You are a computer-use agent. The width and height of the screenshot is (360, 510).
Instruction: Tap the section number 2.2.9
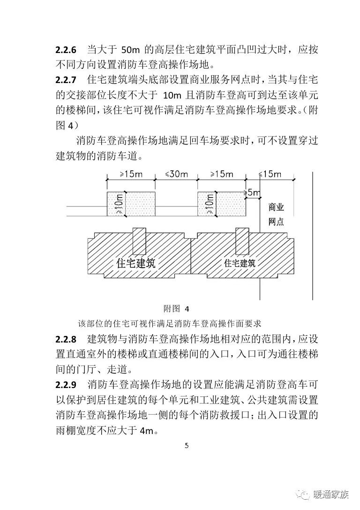(x=67, y=386)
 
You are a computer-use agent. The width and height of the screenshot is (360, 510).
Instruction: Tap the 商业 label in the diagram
(x=276, y=207)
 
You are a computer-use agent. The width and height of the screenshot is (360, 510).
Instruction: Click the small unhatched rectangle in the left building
(x=140, y=242)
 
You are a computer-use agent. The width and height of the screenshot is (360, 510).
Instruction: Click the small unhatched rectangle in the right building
(x=242, y=242)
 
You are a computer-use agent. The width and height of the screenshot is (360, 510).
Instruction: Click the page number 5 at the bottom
(x=187, y=446)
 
